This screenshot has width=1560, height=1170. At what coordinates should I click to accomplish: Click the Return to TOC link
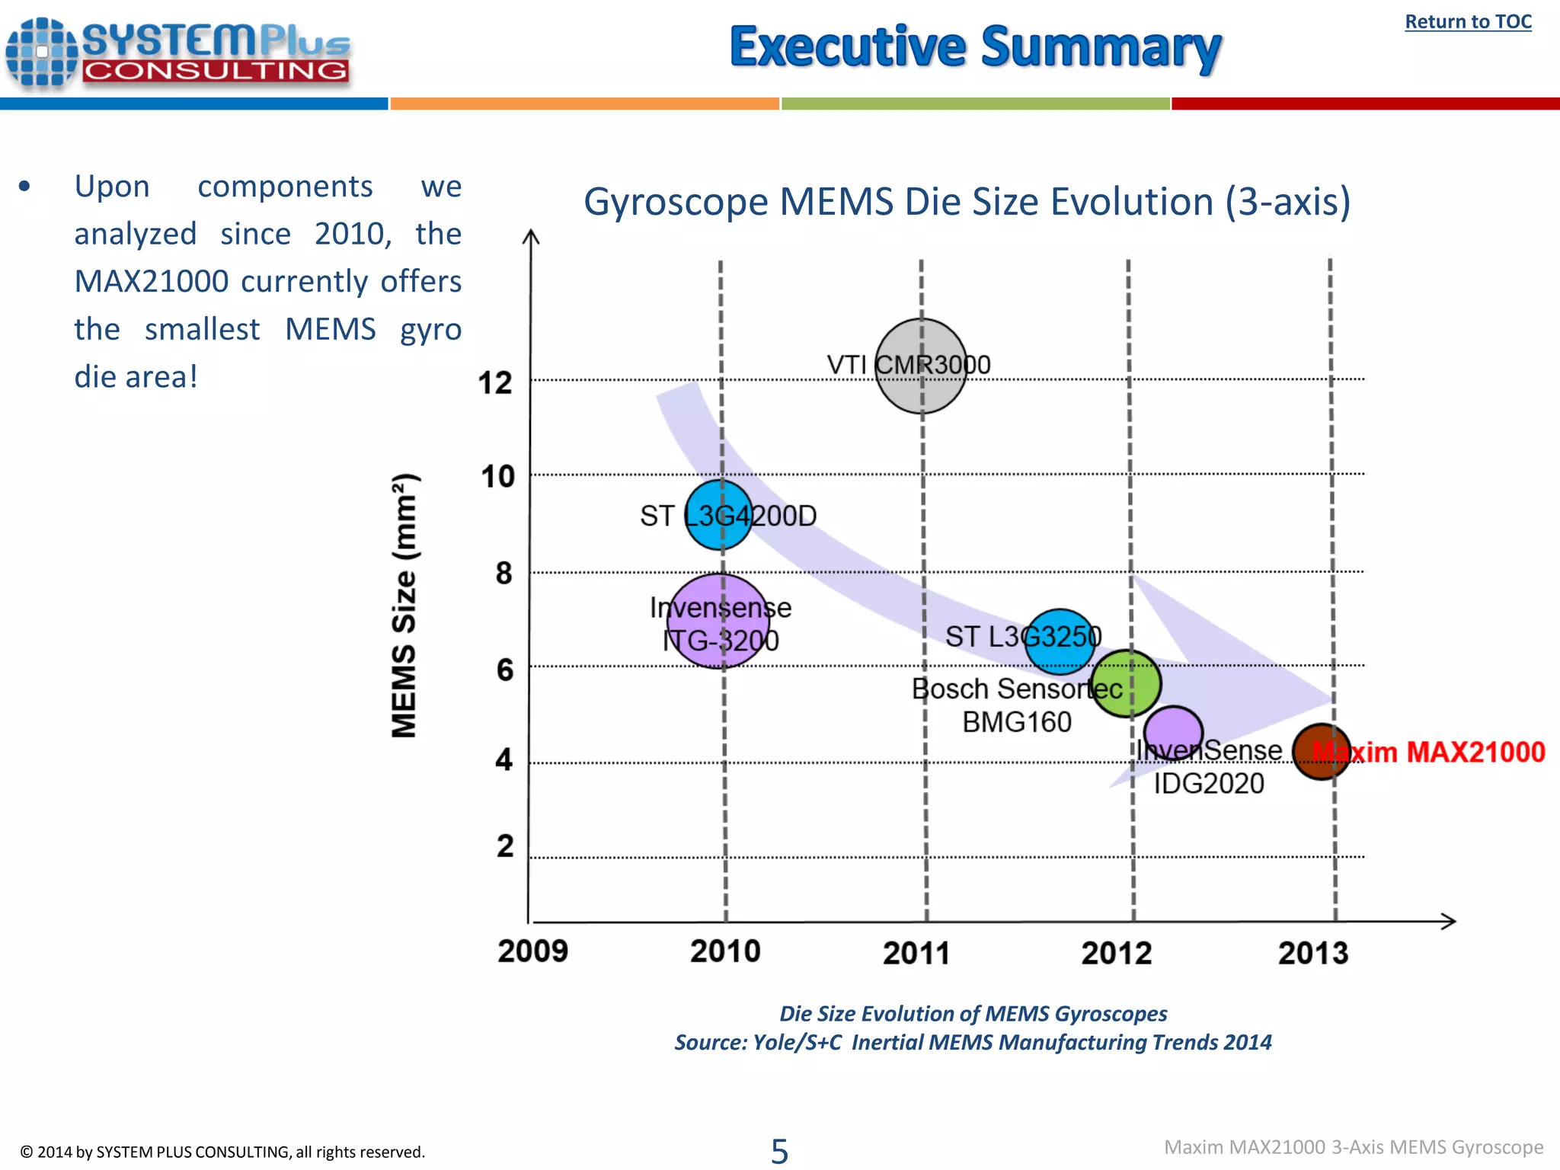click(x=1468, y=22)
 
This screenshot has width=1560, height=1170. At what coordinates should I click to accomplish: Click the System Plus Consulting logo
click(x=179, y=53)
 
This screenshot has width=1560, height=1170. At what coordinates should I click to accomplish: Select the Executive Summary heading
click(x=975, y=47)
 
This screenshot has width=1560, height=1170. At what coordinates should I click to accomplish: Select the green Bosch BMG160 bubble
click(x=1126, y=684)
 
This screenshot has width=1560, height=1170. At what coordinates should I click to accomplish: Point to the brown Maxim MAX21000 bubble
click(x=1322, y=752)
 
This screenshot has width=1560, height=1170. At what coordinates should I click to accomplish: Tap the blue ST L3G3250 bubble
click(x=1060, y=641)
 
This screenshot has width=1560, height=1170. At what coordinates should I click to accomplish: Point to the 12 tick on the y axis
click(x=495, y=382)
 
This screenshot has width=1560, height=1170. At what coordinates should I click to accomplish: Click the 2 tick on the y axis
click(x=505, y=846)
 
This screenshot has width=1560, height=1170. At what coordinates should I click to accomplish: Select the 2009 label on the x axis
click(x=532, y=951)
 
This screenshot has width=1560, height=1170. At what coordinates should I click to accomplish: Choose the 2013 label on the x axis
click(x=1313, y=953)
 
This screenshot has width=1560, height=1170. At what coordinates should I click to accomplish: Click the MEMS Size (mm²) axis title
click(x=404, y=606)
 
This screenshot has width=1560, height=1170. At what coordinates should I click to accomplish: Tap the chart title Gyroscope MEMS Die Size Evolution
click(x=967, y=203)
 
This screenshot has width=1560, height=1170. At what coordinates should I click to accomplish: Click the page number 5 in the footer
click(x=779, y=1151)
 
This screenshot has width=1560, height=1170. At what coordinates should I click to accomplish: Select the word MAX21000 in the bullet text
click(x=152, y=282)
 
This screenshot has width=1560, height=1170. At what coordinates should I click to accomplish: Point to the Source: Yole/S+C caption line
click(x=973, y=1042)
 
